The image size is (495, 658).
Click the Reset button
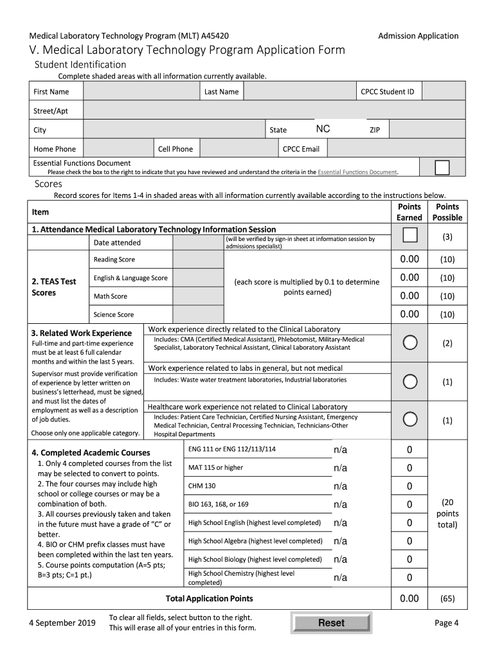pyautogui.click(x=330, y=623)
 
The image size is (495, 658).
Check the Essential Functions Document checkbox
pyautogui.click(x=442, y=168)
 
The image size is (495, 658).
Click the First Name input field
pyautogui.click(x=141, y=92)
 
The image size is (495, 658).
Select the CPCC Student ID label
pyautogui.click(x=387, y=92)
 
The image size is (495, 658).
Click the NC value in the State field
pyautogui.click(x=323, y=129)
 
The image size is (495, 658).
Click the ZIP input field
pyautogui.click(x=428, y=130)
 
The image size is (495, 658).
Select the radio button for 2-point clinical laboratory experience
pyautogui.click(x=410, y=342)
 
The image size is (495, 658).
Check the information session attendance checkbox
pyautogui.click(x=410, y=236)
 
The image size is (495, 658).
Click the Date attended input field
pyautogui.click(x=198, y=242)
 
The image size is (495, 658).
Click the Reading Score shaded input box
pyautogui.click(x=198, y=260)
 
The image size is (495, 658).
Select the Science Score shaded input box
pyautogui.click(x=198, y=314)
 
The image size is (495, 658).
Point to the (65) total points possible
pyautogui.click(x=447, y=599)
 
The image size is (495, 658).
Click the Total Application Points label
pyautogui.click(x=210, y=599)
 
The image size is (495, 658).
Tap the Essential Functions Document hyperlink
pyautogui.click(x=357, y=172)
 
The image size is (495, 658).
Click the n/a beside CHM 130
pyautogui.click(x=340, y=486)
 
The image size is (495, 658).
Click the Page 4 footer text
pyautogui.click(x=446, y=623)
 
